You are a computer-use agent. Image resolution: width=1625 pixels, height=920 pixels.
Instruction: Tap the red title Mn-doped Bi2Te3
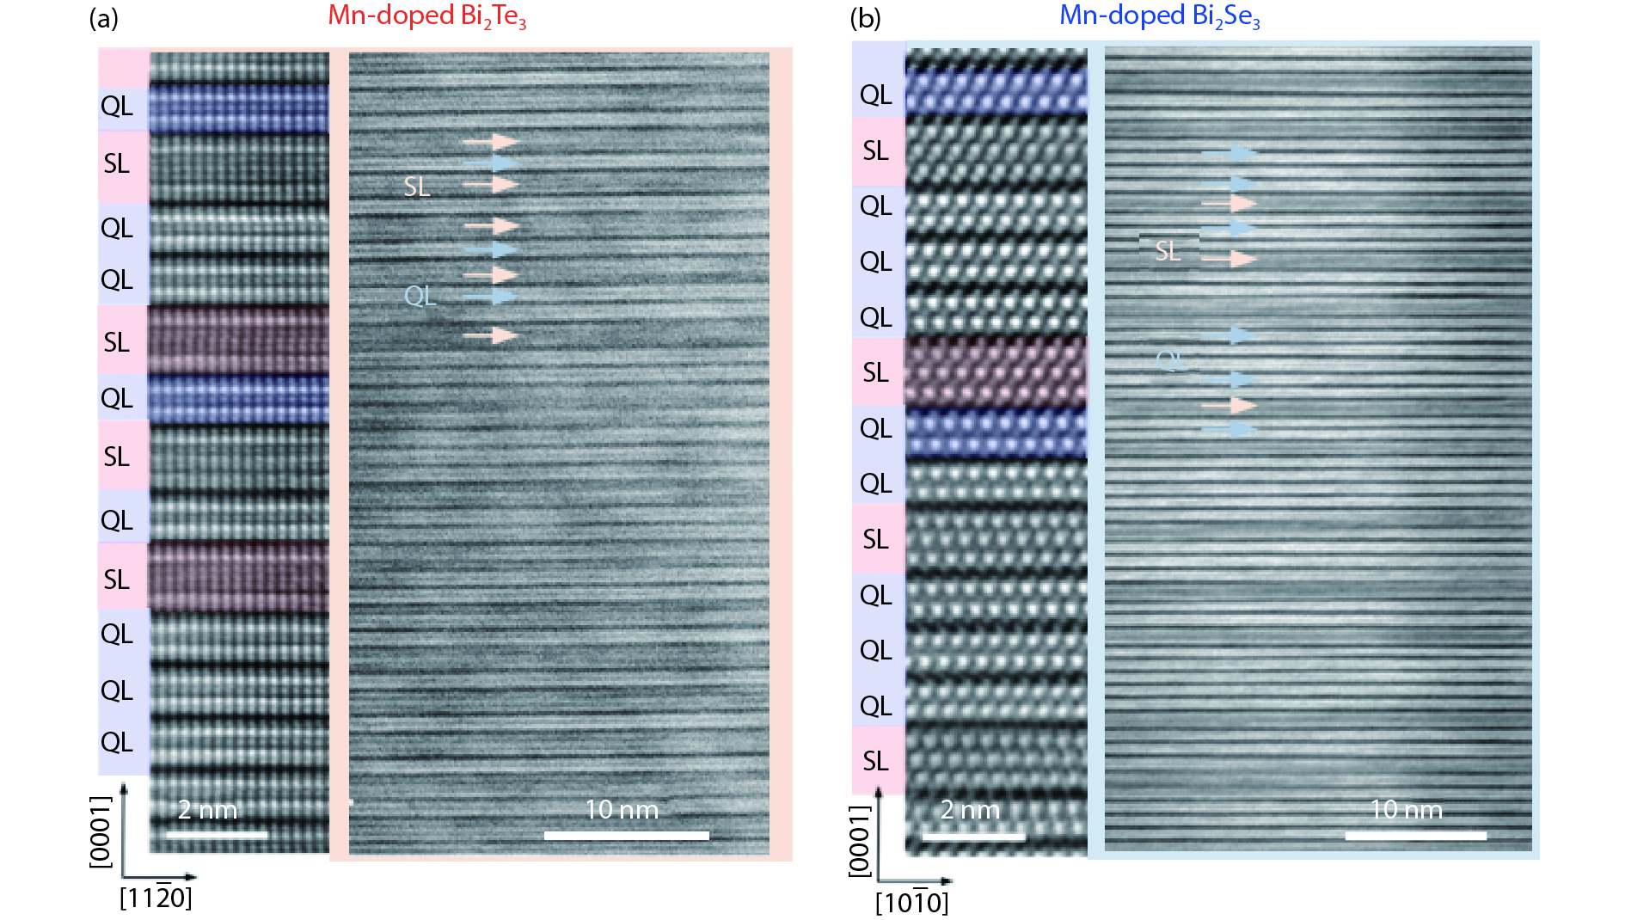pos(427,16)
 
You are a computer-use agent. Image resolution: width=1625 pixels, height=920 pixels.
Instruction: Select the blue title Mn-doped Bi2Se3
pos(1159,16)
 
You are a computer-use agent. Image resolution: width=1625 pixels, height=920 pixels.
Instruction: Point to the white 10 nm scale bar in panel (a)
pos(627,835)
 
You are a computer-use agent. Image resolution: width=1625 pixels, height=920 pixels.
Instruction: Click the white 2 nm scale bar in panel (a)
pos(217,834)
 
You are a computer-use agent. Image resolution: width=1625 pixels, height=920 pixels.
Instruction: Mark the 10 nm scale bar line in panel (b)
pos(1415,835)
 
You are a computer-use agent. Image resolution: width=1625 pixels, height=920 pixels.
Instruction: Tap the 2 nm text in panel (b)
pos(970,810)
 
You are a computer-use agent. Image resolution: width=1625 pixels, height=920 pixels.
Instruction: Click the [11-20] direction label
pos(156,899)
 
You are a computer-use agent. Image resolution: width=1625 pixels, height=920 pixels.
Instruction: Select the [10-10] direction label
pos(911,903)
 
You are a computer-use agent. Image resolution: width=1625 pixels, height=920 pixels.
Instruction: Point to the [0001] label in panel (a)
pos(101,831)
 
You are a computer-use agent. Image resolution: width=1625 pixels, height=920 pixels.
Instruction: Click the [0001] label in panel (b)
pos(860,841)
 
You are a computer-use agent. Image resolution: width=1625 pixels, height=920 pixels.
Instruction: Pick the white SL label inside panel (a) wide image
pos(417,187)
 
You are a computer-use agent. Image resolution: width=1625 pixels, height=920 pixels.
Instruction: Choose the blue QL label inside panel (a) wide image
pos(420,296)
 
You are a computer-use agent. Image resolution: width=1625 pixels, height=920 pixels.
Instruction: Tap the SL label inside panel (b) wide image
pos(1167,251)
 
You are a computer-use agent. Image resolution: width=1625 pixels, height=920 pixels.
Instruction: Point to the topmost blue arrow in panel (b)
pos(1229,154)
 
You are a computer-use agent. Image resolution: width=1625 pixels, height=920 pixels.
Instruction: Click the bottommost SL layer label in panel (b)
pos(875,761)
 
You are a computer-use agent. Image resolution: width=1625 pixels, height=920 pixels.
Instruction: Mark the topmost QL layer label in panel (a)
pos(117,107)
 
